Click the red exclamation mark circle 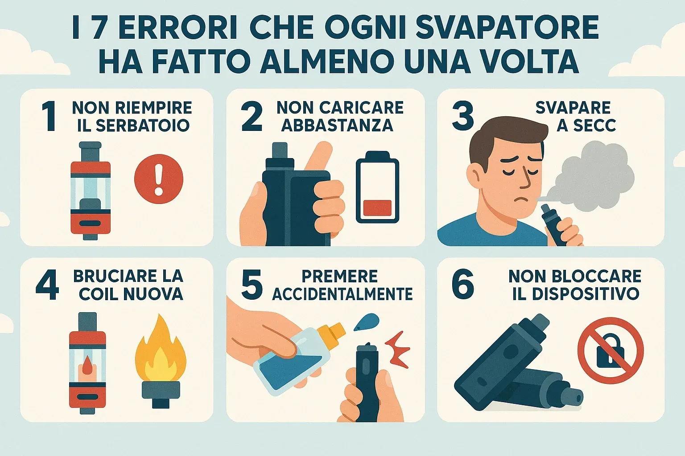pos(159,179)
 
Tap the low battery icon pos(377,187)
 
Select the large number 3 pos(462,116)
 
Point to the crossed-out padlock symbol pos(611,350)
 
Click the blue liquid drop pos(366,322)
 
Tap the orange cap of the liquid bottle pos(330,332)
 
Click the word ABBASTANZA pos(337,125)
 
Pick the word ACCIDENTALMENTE pos(342,294)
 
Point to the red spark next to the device pos(396,350)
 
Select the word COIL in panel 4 pos(97,294)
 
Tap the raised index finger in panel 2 pos(319,157)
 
